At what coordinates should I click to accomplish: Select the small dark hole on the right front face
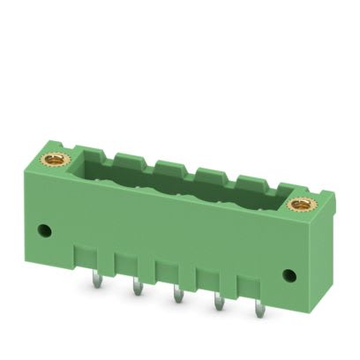[288, 274]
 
